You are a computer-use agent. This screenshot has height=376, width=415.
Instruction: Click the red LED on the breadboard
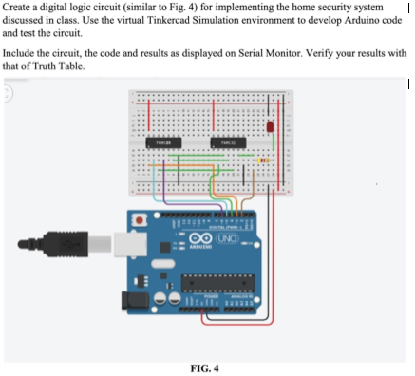pyautogui.click(x=270, y=127)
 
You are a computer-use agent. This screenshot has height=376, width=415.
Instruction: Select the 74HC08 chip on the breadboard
pyautogui.click(x=159, y=141)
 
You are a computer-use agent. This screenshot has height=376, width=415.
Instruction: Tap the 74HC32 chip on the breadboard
pyautogui.click(x=228, y=141)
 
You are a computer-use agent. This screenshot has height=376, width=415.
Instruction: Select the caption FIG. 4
pyautogui.click(x=205, y=367)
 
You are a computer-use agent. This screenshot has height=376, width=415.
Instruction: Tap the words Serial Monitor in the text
pyautogui.click(x=264, y=53)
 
